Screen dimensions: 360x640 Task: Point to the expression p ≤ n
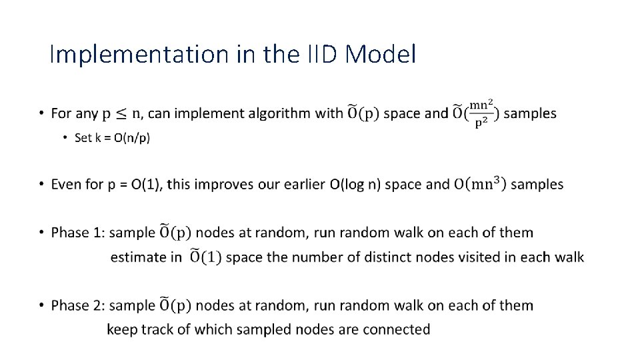point(121,113)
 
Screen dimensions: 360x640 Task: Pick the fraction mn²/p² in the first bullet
point(481,113)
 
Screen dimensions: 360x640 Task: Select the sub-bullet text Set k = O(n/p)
point(112,138)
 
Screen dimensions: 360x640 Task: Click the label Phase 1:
point(78,233)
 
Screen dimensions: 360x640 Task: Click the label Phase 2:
point(78,305)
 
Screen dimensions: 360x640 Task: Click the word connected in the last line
point(399,329)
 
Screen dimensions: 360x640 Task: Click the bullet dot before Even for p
point(41,185)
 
